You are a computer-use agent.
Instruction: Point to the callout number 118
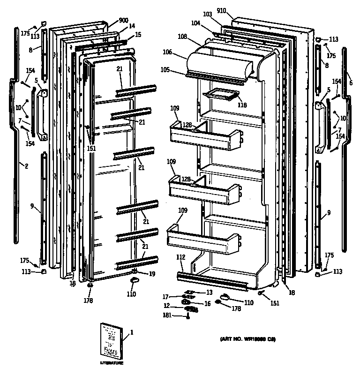tap(242, 105)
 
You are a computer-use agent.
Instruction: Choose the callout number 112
tap(181, 257)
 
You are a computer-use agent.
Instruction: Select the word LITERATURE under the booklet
tap(112, 364)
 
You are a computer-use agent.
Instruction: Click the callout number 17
tap(179, 296)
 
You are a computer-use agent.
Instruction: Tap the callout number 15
tap(138, 35)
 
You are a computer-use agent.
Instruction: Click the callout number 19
tap(152, 274)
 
